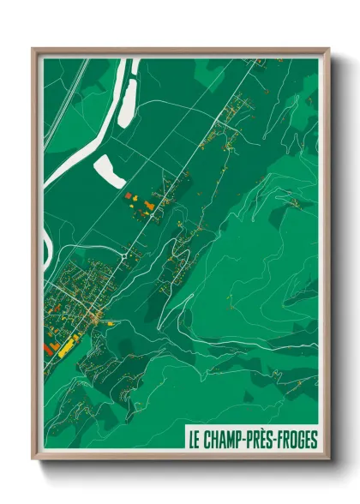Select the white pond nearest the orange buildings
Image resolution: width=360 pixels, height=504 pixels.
point(108,171)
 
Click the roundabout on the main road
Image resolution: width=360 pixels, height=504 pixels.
point(127,254)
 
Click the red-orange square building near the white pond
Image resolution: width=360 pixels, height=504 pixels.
point(131,196)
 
